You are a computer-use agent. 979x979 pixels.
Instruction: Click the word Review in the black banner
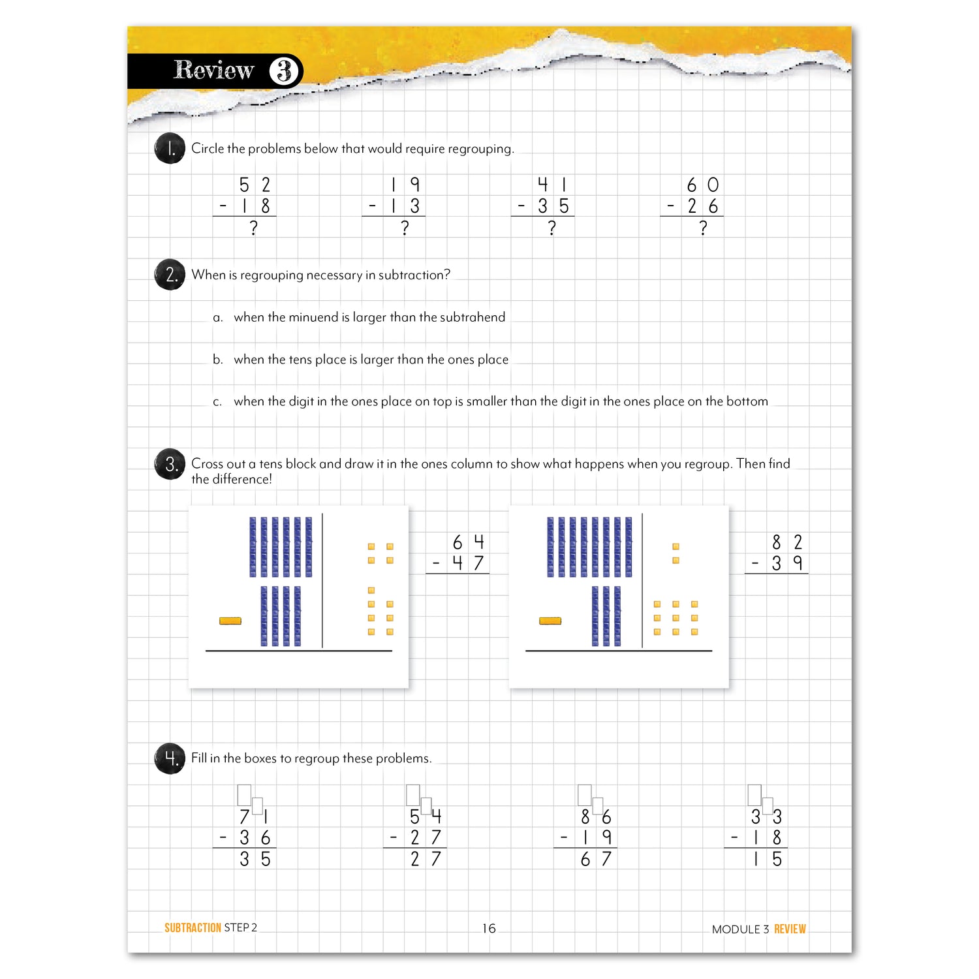[x=213, y=70]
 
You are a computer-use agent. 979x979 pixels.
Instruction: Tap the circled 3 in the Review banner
[x=285, y=71]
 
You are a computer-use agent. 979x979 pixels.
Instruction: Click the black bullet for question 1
[x=170, y=149]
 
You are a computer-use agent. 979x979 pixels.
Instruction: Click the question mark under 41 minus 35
[x=552, y=228]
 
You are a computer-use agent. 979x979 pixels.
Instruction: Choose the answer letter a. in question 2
[x=218, y=318]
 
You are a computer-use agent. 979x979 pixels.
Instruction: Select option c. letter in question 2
[x=217, y=402]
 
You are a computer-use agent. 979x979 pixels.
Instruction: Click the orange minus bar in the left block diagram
[x=230, y=621]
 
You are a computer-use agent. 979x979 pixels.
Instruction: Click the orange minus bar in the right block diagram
[x=550, y=621]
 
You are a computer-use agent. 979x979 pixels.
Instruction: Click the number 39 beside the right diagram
[x=786, y=563]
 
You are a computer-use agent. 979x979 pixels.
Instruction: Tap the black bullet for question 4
[x=170, y=758]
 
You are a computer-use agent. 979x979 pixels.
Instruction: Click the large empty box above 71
[x=245, y=794]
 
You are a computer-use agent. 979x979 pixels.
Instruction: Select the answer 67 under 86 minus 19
[x=595, y=859]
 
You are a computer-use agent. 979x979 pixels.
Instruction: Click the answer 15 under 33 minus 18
[x=766, y=859]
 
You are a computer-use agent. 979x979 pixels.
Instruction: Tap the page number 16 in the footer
[x=489, y=928]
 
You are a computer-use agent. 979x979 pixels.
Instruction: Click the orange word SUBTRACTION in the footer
[x=193, y=927]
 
